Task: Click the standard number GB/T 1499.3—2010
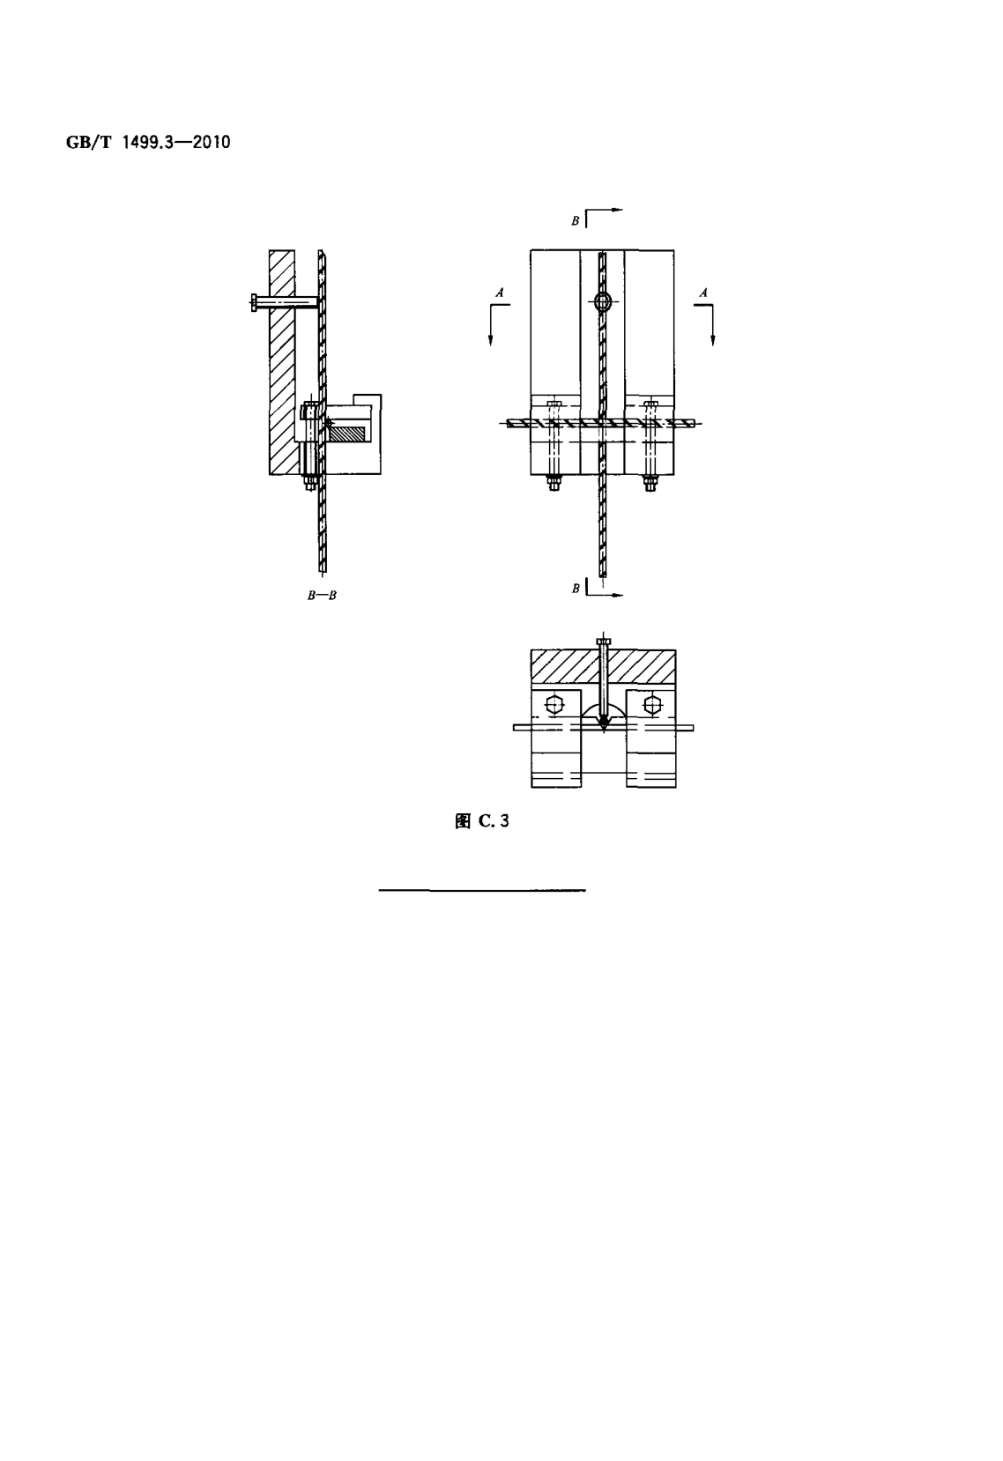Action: tap(148, 143)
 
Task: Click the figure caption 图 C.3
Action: tap(481, 821)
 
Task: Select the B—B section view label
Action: tap(322, 596)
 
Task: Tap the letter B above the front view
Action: tap(575, 221)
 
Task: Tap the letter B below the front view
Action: tap(575, 589)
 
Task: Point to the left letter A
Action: tap(500, 293)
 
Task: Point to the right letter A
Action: tap(703, 293)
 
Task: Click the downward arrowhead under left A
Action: tap(491, 339)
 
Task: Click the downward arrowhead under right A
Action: tap(713, 339)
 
